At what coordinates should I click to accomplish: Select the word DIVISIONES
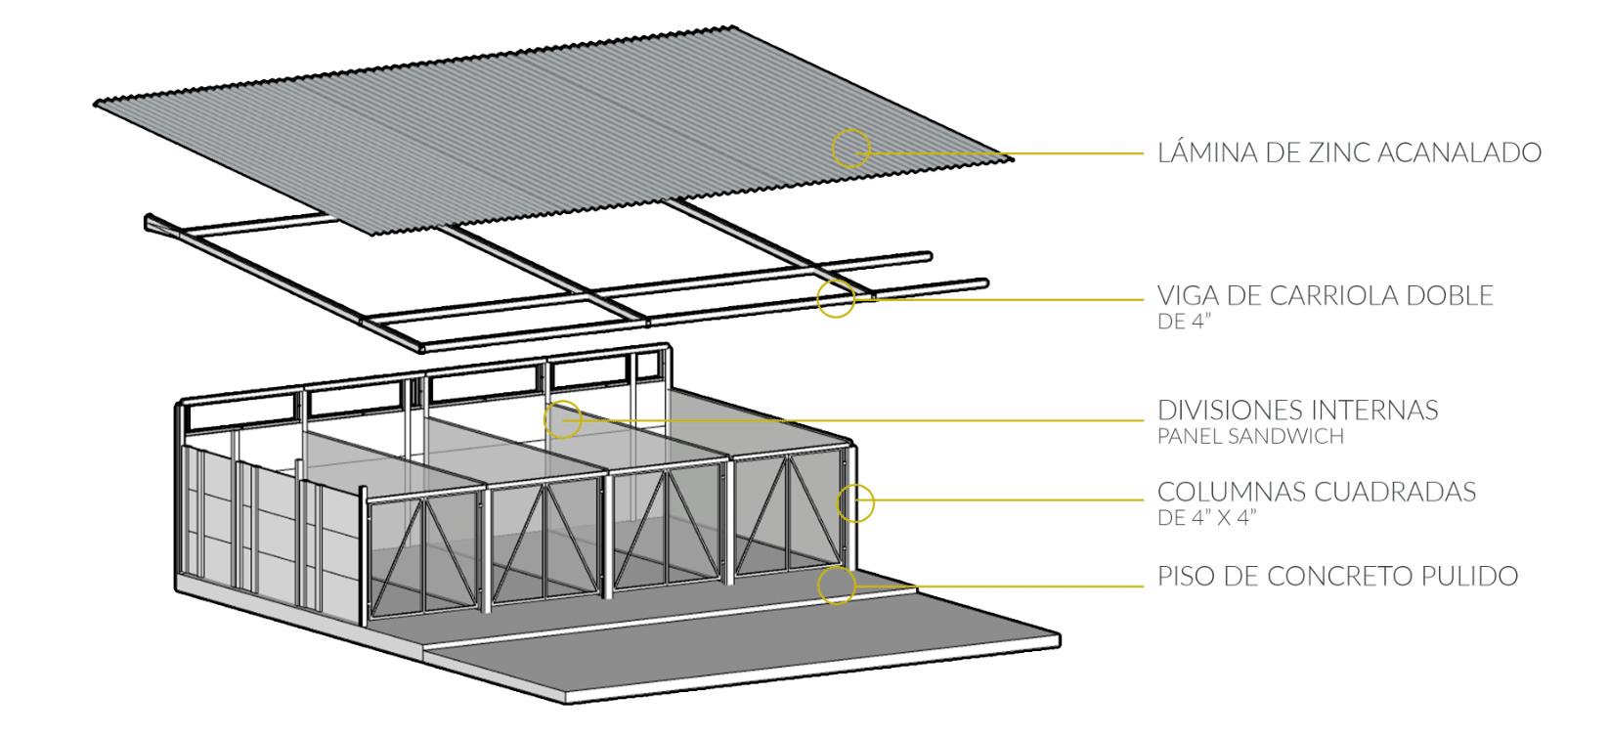[x=1232, y=411]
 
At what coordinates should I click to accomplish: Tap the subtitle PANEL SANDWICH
[x=1250, y=436]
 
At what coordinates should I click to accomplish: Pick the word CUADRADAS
[x=1396, y=493]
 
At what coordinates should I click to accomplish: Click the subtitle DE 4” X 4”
[x=1207, y=517]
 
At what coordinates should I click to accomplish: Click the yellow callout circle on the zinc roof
[x=851, y=130]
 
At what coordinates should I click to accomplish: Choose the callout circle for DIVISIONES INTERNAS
[x=563, y=401]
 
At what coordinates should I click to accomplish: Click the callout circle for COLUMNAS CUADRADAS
[x=855, y=484]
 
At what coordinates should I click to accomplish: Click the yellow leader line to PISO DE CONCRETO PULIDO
[x=1000, y=586]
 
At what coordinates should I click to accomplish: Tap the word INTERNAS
[x=1375, y=411]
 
